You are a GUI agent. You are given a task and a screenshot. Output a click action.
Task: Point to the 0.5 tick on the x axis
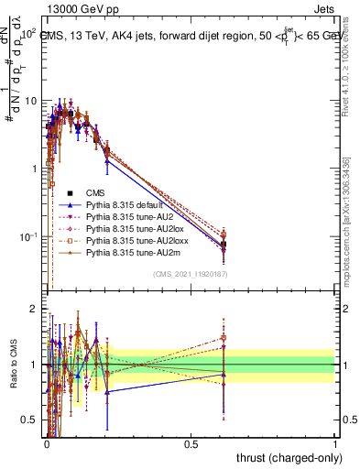(191, 442)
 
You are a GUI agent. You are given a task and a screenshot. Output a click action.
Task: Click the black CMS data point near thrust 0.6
(224, 245)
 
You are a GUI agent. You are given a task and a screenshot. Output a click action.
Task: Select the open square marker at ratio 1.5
(224, 337)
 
